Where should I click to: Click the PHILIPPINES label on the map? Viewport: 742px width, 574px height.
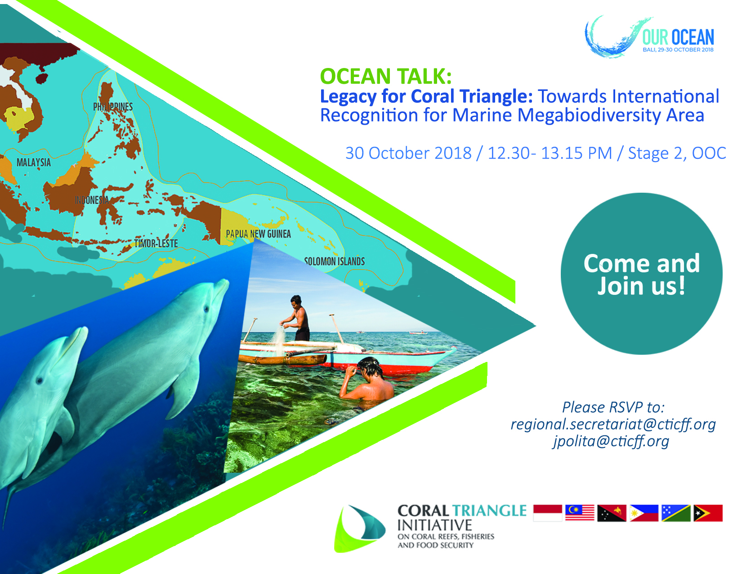113,107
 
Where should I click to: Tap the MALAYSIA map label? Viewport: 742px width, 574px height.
33,163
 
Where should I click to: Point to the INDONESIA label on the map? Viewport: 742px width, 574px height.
91,200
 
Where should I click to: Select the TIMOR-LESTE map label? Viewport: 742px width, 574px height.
156,244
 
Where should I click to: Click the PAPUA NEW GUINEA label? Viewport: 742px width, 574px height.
258,234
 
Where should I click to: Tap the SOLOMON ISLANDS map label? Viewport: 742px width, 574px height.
334,262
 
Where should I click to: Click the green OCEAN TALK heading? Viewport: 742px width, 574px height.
386,76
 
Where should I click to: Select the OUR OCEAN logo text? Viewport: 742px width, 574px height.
678,37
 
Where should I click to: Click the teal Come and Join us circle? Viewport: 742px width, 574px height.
642,274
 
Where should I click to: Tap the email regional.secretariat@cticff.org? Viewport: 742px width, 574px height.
613,424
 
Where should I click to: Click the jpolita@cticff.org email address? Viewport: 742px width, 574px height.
611,441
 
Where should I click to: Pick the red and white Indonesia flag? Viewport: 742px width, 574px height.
547,513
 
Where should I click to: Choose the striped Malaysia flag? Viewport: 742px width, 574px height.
580,513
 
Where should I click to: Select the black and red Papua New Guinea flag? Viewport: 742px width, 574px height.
612,513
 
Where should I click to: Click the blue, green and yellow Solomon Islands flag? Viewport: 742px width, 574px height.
676,513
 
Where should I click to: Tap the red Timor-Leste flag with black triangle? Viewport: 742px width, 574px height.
708,513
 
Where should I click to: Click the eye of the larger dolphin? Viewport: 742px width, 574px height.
206,309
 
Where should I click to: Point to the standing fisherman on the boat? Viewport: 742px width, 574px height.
296,318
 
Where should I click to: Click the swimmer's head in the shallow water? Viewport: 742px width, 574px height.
370,367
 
